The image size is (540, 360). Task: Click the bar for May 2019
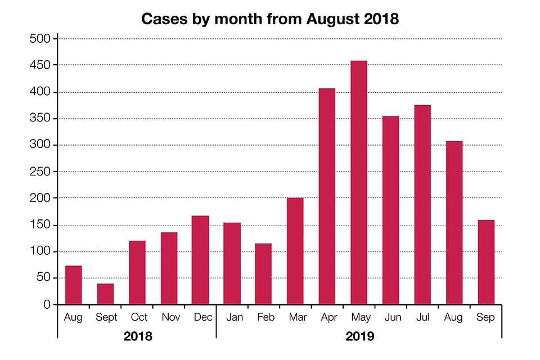tap(359, 183)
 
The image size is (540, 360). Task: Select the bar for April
tap(327, 196)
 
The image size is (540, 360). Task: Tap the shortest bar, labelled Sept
tap(105, 294)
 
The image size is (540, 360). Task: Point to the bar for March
tap(295, 251)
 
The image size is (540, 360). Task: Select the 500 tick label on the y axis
tap(40, 39)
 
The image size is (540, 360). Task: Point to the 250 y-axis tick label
tap(40, 172)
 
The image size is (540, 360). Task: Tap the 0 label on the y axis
tap(47, 305)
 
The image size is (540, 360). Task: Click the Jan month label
tap(235, 318)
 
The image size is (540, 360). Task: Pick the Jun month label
tap(393, 318)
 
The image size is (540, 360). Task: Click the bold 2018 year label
tap(138, 337)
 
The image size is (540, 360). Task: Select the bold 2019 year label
tap(360, 337)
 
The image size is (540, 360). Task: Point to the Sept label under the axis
tap(106, 318)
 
